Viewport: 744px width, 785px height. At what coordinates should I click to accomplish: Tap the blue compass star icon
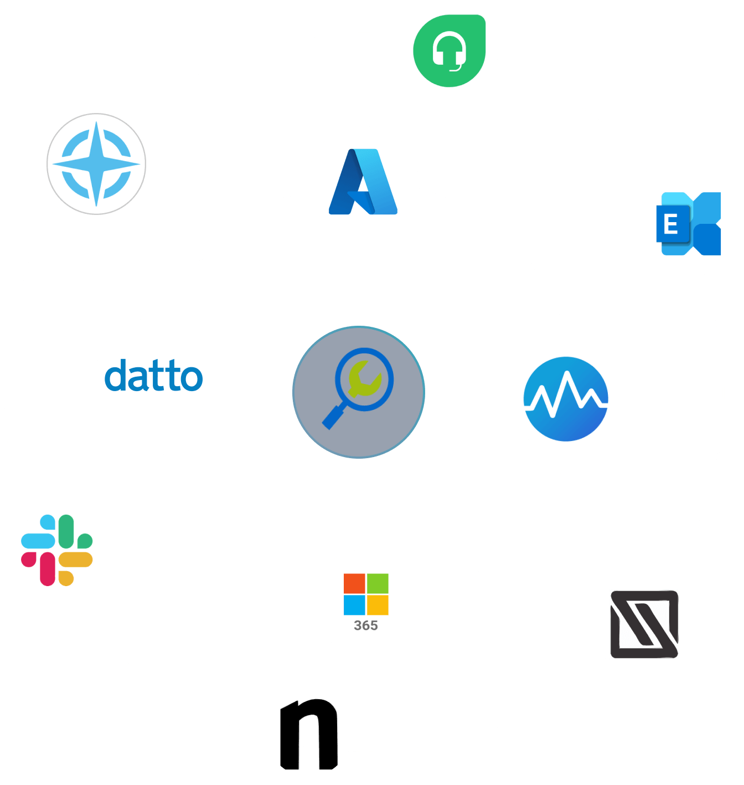96,164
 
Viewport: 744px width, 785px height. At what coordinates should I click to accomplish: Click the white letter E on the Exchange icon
671,224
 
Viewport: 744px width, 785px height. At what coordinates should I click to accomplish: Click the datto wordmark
154,375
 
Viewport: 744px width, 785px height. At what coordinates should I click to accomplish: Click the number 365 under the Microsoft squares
366,625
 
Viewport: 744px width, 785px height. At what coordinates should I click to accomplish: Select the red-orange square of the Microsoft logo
354,583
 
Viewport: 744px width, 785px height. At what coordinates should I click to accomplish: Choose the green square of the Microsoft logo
378,583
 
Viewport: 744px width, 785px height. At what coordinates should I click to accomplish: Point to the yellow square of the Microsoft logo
378,604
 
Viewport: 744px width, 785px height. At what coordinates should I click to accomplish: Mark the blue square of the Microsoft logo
354,604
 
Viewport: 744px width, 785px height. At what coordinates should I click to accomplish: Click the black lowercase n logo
308,734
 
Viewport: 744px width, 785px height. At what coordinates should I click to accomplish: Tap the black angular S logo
644,624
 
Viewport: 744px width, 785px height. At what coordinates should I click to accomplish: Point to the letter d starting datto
115,375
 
